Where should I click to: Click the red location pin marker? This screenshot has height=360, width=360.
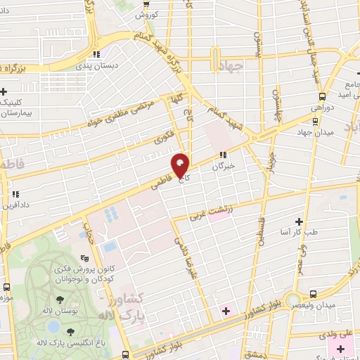[x=180, y=166]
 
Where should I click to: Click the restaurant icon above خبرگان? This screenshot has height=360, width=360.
[x=223, y=155]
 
